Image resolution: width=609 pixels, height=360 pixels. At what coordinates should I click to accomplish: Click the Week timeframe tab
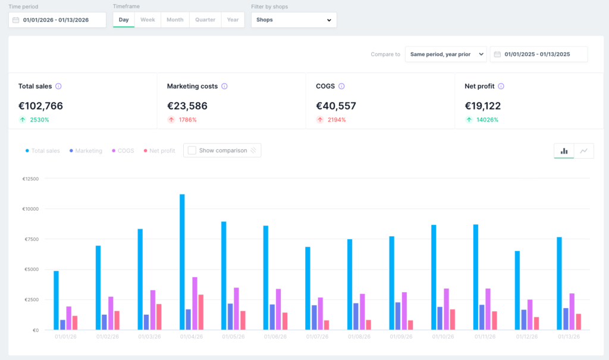[147, 20]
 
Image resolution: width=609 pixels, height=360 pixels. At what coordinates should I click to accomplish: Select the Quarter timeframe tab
[205, 20]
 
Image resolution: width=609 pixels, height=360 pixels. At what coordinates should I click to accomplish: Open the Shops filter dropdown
[294, 20]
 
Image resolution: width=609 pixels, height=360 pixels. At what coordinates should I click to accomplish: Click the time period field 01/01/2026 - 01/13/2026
[57, 20]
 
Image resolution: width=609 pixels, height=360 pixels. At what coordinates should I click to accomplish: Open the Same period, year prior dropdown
[445, 54]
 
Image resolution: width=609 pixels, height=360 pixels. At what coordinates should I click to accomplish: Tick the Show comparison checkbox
[192, 151]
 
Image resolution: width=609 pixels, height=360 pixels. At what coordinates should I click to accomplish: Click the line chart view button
[584, 151]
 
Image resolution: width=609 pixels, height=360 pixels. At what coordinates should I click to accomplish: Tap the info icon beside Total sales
[58, 86]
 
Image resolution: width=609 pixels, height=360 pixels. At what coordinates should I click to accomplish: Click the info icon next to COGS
[341, 86]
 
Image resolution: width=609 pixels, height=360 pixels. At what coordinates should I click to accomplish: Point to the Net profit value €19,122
[483, 106]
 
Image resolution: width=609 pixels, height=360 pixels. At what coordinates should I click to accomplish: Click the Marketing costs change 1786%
[187, 120]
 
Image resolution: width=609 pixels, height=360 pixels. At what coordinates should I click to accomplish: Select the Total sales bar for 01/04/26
[182, 262]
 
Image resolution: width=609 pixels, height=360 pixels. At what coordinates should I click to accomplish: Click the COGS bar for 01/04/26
[195, 303]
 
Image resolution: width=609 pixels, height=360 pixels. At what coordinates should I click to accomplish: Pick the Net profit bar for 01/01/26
[75, 323]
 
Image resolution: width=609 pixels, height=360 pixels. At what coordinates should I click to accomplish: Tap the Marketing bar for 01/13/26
[566, 319]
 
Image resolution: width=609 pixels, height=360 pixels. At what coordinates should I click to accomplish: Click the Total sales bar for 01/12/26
[517, 290]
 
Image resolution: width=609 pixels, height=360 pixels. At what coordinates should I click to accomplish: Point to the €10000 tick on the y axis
[30, 209]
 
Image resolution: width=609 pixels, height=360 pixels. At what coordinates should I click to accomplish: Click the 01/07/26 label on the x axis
[318, 337]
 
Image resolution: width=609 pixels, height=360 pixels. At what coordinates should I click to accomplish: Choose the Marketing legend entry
[86, 151]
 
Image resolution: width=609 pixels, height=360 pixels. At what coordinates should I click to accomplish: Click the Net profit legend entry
[159, 151]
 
